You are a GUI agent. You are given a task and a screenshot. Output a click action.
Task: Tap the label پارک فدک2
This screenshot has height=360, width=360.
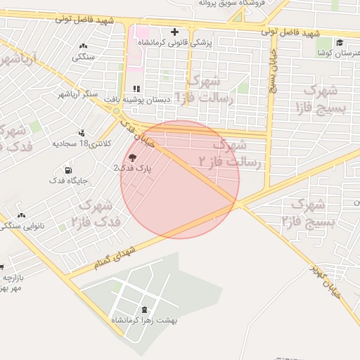(133, 169)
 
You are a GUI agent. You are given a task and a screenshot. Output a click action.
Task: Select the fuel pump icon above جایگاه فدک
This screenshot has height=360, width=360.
(68, 170)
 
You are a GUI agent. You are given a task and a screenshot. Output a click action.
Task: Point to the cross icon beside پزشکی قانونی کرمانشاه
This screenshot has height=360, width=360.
(174, 32)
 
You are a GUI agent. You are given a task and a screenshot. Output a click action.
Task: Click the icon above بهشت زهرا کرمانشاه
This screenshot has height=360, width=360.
(145, 309)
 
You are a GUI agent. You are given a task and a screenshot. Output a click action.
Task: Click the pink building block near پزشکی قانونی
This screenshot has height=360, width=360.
(141, 33)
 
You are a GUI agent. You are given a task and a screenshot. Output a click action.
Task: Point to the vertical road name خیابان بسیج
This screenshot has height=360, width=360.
(271, 70)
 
